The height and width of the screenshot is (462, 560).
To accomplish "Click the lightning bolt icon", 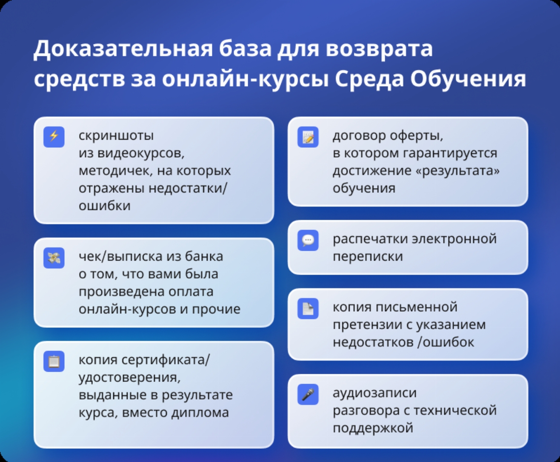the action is [x=54, y=137].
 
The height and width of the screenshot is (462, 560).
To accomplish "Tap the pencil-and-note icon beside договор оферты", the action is [x=308, y=137].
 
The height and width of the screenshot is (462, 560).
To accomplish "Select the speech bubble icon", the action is [x=308, y=240].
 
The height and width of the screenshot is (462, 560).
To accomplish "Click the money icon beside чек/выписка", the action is [x=54, y=258].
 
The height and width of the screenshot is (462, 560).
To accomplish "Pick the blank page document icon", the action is [x=308, y=308].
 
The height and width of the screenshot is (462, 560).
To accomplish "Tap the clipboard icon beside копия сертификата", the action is [x=54, y=362].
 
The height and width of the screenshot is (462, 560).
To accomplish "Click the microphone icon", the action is [x=308, y=394].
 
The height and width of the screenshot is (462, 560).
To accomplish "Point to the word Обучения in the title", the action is [x=468, y=79].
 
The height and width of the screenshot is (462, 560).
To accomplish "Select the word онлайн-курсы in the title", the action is [x=246, y=80].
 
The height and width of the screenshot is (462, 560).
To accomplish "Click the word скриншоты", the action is [x=116, y=136].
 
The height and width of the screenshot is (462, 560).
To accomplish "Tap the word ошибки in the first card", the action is [x=105, y=206].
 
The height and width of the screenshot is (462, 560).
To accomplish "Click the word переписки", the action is [x=368, y=257].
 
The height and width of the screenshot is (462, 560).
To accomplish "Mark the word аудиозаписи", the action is [x=374, y=393].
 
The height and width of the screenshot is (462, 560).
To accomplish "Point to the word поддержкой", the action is [x=373, y=428].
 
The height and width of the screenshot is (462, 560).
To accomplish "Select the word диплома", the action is [x=200, y=413].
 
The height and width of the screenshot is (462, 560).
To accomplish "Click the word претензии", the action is [x=367, y=325].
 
